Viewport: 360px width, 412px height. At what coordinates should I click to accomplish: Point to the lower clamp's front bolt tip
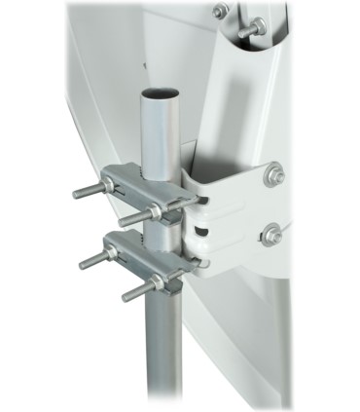pos(126,293)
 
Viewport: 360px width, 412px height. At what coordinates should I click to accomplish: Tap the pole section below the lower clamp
pos(164,351)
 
